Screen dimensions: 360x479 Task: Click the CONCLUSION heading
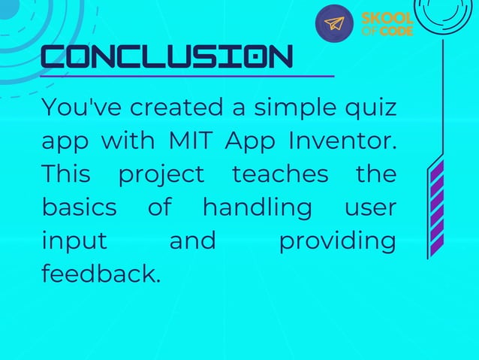click(x=167, y=57)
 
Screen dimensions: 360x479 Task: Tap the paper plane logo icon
click(x=333, y=23)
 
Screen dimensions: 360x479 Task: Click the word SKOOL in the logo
click(x=387, y=17)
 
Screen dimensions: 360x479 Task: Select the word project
click(x=161, y=174)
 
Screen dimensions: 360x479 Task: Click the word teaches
click(x=280, y=174)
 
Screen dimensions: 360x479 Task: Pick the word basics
click(x=79, y=207)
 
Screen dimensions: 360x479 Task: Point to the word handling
click(x=258, y=207)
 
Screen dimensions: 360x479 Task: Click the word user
click(x=370, y=207)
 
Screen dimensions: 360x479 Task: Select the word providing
click(x=337, y=241)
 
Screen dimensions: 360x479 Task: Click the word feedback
click(x=101, y=274)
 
